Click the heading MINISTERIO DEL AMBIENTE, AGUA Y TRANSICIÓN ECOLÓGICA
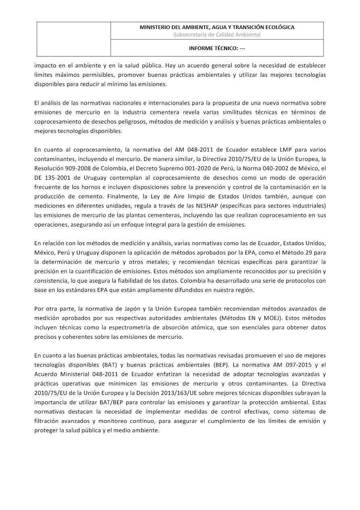coord(217,27)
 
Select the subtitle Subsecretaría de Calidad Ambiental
coord(217,35)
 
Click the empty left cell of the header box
coord(74,39)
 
